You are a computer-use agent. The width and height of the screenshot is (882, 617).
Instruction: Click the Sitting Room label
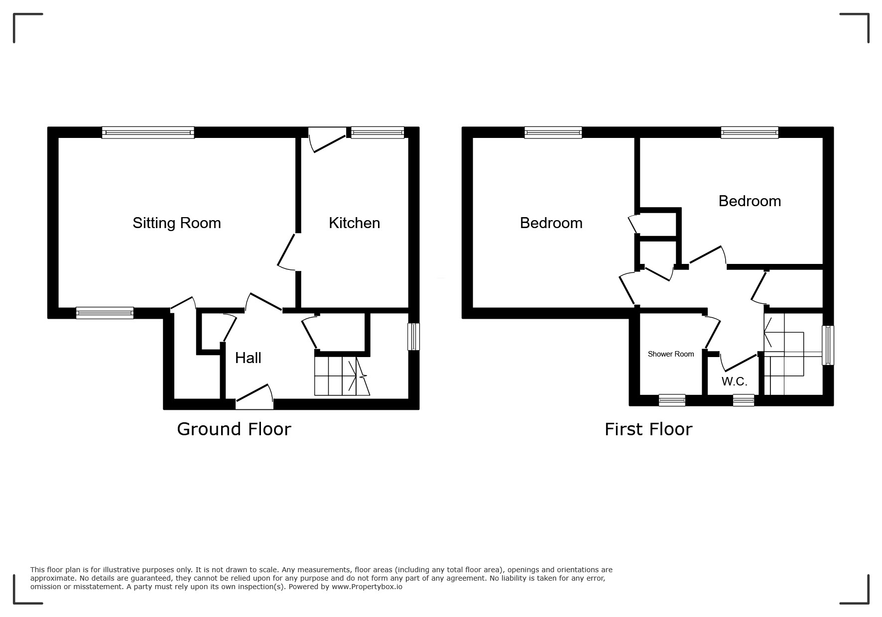(x=177, y=223)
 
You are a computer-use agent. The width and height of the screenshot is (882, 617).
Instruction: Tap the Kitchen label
(x=354, y=223)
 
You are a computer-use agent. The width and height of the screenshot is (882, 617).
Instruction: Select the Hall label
(x=248, y=358)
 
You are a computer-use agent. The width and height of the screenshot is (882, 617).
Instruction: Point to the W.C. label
(x=735, y=381)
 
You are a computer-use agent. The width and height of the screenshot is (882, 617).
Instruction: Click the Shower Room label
(x=671, y=354)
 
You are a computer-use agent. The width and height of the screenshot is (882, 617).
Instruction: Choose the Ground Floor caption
(x=234, y=429)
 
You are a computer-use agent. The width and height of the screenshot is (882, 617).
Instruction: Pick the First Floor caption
(x=648, y=429)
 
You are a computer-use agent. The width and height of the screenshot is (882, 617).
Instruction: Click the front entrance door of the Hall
(x=254, y=396)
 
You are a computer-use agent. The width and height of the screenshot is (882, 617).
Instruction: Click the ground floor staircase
(x=342, y=376)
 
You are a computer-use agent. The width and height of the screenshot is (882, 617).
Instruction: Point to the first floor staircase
(x=784, y=354)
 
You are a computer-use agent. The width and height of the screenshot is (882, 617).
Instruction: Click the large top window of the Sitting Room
(x=148, y=132)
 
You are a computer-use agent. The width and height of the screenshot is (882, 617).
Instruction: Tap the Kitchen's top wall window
(x=378, y=132)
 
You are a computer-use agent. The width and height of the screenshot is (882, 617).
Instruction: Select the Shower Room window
(x=672, y=400)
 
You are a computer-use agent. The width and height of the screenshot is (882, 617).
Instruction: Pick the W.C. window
(x=744, y=400)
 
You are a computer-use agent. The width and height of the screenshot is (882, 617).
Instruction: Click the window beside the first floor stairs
(x=828, y=345)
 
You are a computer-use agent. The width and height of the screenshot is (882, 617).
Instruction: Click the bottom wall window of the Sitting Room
(x=105, y=313)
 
